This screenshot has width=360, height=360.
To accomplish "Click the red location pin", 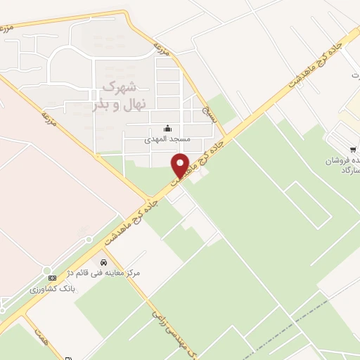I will pyautogui.click(x=181, y=165).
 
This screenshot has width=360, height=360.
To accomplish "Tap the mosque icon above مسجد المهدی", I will pyautogui.click(x=167, y=128).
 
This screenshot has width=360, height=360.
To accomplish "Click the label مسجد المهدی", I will pyautogui.click(x=167, y=139).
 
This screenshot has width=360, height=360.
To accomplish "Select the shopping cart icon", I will pyautogui.click(x=354, y=149).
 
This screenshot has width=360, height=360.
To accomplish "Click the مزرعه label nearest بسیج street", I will pyautogui.click(x=163, y=49).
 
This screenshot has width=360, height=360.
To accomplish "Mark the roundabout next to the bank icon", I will pyautogui.click(x=47, y=271).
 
